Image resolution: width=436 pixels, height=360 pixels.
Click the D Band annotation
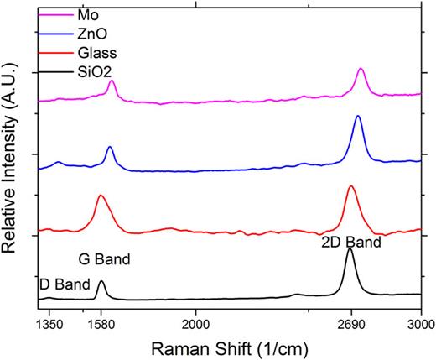click(x=62, y=284)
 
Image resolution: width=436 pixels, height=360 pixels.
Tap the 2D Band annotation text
click(x=351, y=242)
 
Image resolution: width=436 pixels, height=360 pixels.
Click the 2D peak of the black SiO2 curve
click(x=350, y=249)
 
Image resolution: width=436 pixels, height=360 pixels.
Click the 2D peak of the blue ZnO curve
click(x=358, y=117)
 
